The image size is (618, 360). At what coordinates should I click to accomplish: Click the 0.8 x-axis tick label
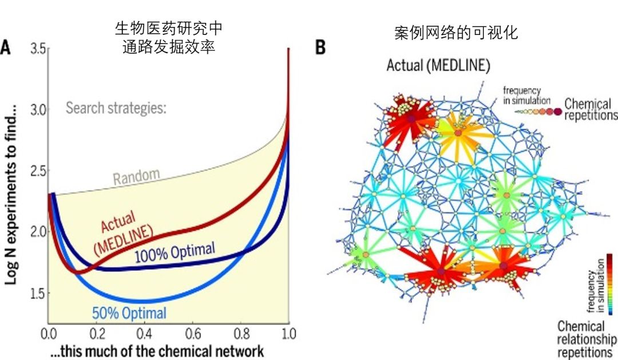tap(241, 334)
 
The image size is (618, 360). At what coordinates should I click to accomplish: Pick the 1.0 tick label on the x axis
tap(288, 334)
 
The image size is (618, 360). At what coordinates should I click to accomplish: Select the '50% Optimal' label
tap(129, 314)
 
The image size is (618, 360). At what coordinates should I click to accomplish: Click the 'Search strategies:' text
tap(116, 108)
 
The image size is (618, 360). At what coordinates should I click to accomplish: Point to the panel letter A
tap(5, 47)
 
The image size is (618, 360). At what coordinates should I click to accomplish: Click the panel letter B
tap(320, 47)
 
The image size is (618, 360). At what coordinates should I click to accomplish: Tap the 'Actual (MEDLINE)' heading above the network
tap(438, 65)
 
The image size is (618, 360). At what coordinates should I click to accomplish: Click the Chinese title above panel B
tap(456, 33)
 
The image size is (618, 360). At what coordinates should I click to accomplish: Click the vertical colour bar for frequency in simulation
tap(610, 284)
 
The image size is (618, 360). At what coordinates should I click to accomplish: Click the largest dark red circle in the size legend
tap(557, 112)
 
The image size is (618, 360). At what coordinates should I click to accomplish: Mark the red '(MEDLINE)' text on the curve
tap(123, 240)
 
